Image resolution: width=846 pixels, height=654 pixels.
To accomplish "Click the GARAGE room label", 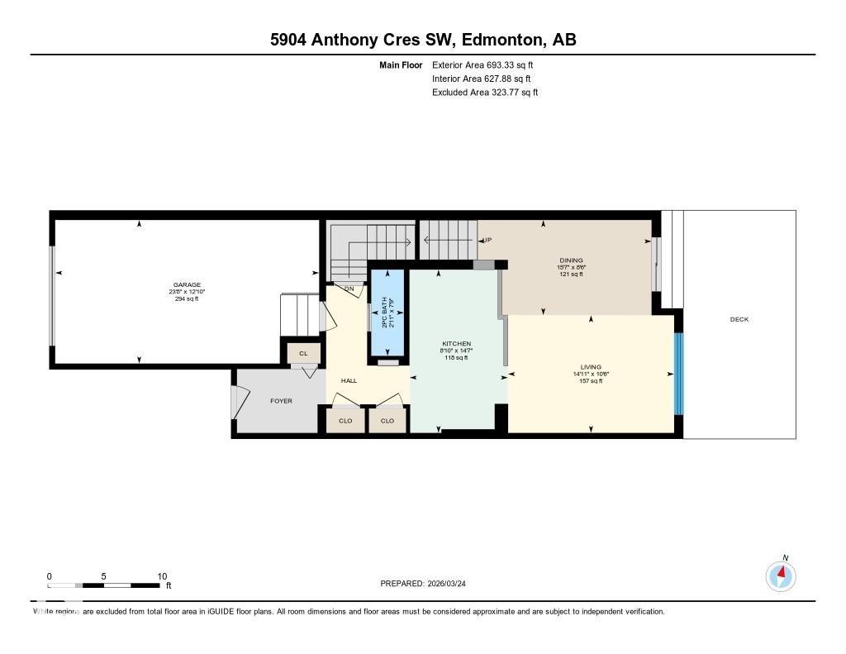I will click(187, 284).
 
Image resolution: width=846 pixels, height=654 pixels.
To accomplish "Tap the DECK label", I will click(739, 319).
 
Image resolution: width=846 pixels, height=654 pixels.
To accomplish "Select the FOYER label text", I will click(282, 401).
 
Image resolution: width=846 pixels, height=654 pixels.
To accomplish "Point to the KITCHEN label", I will click(457, 343).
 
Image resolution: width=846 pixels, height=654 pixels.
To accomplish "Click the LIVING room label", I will click(591, 366).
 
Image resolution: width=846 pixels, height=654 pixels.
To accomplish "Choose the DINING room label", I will click(570, 260).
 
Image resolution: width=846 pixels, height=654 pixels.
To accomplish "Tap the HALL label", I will click(349, 380).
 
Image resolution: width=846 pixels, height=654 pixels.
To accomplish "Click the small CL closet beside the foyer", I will click(303, 354).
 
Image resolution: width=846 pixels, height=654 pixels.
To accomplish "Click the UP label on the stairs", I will click(487, 240).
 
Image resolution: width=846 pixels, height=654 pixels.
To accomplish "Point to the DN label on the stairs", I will click(349, 289).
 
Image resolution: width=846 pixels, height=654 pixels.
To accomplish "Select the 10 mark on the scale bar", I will click(162, 576).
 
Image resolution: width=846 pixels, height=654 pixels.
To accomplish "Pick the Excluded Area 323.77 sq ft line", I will click(485, 93).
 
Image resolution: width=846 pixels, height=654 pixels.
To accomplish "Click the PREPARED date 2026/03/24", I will click(429, 583).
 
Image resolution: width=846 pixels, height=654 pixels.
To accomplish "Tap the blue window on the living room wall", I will click(679, 374).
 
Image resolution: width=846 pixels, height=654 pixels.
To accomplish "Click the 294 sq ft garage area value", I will click(187, 299).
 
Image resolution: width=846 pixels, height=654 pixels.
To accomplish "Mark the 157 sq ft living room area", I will click(591, 381).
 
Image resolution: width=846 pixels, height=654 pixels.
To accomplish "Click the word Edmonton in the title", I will click(501, 40).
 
